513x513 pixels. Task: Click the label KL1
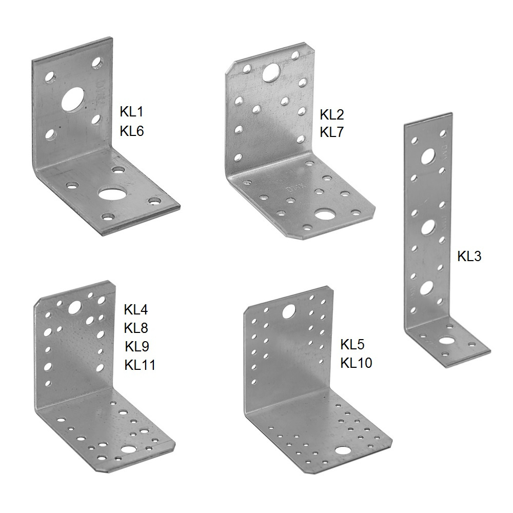(131, 112)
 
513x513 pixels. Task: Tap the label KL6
(131, 131)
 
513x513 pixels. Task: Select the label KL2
(331, 115)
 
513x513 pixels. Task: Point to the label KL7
(331, 132)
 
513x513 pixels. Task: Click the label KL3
(469, 256)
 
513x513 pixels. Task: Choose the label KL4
(136, 309)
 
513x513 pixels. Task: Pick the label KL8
(136, 328)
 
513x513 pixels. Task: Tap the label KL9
(137, 346)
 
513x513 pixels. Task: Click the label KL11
(140, 365)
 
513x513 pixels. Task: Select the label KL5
(352, 345)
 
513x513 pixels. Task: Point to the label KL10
(356, 363)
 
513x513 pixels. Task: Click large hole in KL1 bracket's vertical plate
(73, 99)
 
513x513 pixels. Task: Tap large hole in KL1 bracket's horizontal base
(111, 193)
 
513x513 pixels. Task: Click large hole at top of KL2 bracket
(271, 72)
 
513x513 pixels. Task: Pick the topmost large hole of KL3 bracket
(428, 156)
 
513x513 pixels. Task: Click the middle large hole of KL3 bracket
(428, 227)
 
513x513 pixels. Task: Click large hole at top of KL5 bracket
(288, 311)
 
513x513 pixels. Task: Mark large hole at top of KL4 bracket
(74, 307)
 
